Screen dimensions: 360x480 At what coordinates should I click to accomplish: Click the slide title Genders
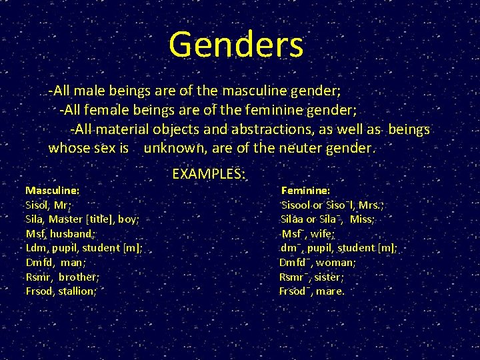click(236, 45)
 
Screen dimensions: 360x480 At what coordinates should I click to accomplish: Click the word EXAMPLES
click(207, 174)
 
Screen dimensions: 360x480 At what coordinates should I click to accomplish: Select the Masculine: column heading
click(52, 190)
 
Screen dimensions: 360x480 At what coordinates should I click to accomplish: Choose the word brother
click(78, 277)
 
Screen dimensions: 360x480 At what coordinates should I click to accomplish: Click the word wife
click(323, 233)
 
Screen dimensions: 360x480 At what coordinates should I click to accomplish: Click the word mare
click(330, 291)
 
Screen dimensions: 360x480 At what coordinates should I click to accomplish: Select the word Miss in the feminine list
click(361, 219)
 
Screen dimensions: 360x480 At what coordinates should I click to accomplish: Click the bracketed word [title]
click(98, 219)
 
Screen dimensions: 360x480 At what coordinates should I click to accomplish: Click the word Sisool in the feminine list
click(297, 205)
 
